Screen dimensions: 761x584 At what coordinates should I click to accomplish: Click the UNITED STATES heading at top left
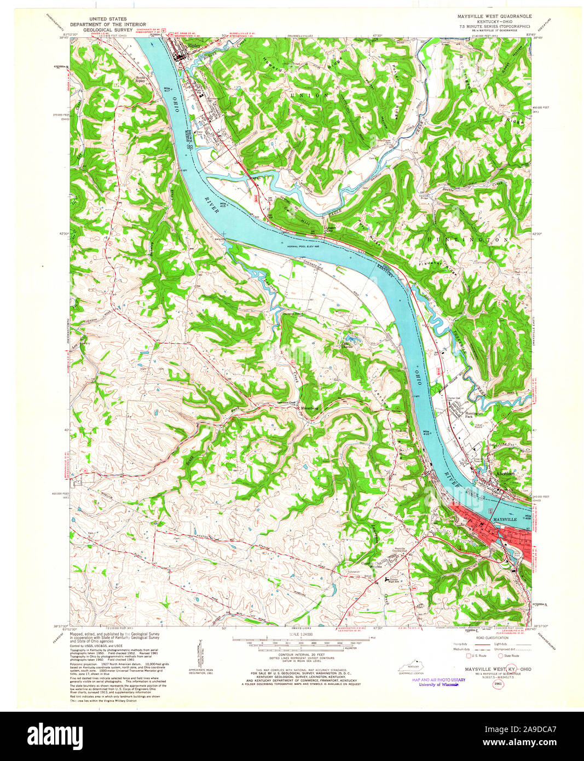(x=111, y=19)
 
